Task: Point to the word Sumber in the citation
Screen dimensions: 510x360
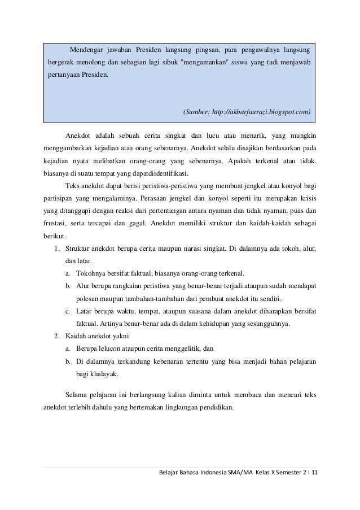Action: click(196, 112)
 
